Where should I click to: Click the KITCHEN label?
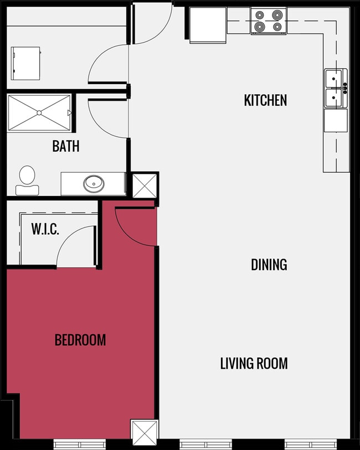[x=265, y=100]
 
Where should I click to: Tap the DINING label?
[x=269, y=265]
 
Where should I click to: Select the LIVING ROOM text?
[x=254, y=364]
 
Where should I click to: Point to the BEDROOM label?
[x=80, y=339]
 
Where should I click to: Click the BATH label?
[x=65, y=146]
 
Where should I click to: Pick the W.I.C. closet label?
[x=45, y=229]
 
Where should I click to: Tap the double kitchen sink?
[x=336, y=89]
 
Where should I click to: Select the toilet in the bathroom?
[x=26, y=179]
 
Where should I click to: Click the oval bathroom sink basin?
[x=93, y=183]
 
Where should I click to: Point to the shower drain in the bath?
[x=39, y=113]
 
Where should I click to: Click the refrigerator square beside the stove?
[x=208, y=24]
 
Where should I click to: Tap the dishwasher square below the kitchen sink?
[x=336, y=120]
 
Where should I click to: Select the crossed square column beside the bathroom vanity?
[x=143, y=185]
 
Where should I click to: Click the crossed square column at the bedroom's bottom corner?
[x=144, y=431]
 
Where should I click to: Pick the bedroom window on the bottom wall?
[x=79, y=444]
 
